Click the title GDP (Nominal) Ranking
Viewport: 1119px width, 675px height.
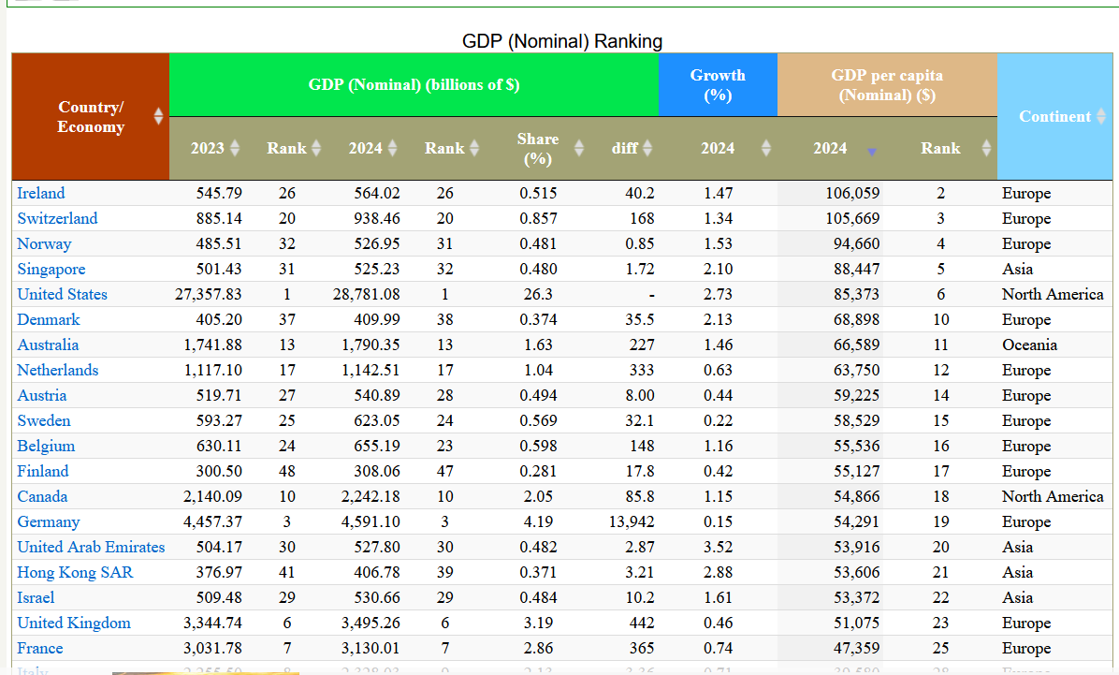562,41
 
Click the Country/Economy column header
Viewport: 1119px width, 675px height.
91,117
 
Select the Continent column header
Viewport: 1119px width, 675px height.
1054,116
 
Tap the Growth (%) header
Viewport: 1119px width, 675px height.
718,84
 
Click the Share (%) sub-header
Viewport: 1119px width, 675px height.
538,148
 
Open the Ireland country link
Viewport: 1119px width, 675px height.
41,193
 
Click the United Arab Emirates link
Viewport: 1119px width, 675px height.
91,547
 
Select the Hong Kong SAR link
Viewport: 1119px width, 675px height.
75,572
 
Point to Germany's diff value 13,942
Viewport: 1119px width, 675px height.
632,521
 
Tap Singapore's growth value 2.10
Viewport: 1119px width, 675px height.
718,269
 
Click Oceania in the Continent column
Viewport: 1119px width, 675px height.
1029,345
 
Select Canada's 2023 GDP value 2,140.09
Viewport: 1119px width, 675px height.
212,496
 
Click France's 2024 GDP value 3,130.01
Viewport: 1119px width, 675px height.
371,648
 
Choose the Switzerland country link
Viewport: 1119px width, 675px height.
57,218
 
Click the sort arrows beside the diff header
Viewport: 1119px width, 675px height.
647,148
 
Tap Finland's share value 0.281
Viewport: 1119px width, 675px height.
538,471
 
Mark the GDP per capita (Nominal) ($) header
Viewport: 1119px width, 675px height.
886,84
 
